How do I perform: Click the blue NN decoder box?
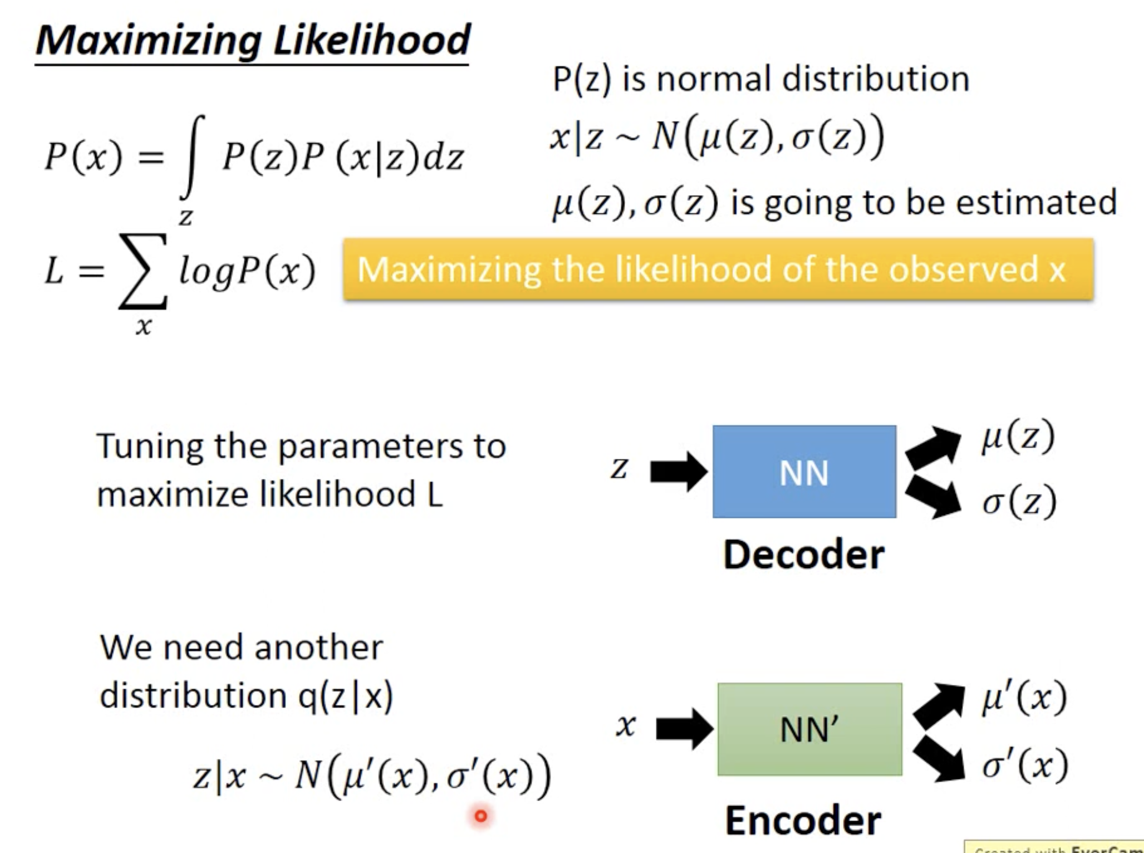[804, 471]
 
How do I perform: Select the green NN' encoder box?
[809, 729]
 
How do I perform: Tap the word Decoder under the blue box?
[804, 555]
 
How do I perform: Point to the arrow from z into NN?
[678, 471]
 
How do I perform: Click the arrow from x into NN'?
[684, 729]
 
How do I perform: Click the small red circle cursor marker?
[481, 816]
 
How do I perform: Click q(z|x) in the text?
[345, 696]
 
